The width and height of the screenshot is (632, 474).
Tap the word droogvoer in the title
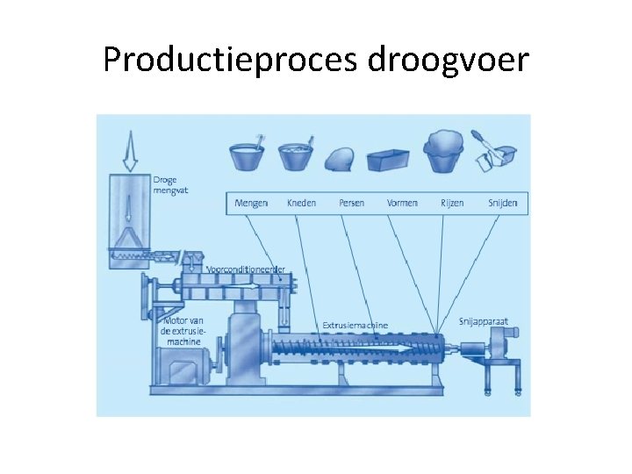tap(449, 60)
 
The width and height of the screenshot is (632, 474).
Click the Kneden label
tap(301, 203)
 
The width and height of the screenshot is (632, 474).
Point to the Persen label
tap(351, 203)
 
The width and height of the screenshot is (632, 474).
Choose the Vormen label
tap(402, 203)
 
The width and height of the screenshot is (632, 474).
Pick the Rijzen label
tap(452, 203)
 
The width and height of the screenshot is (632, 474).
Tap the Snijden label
tap(503, 203)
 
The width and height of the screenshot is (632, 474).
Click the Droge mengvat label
tap(166, 184)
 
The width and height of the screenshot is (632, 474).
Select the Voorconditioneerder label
tap(246, 268)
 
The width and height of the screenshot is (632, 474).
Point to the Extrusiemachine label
tap(355, 325)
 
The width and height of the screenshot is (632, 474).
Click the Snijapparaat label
tap(483, 321)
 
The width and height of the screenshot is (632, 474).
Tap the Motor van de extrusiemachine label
tap(183, 332)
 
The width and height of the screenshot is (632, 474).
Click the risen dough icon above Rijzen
tap(444, 151)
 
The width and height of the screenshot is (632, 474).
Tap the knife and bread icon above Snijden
tap(493, 151)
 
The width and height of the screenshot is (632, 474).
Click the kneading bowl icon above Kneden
tap(297, 154)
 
